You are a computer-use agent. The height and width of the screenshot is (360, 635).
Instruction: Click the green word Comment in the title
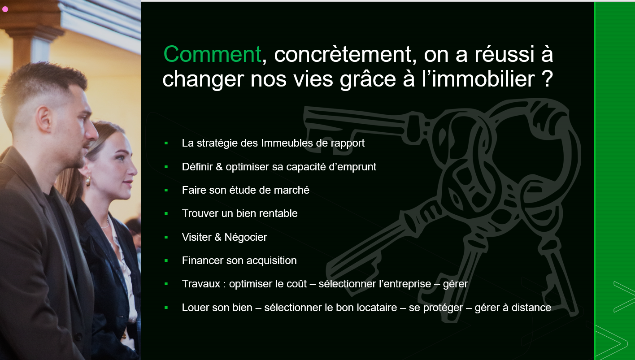point(212,54)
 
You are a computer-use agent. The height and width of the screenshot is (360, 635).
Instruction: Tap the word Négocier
point(245,237)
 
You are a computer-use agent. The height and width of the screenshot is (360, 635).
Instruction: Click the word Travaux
point(201,284)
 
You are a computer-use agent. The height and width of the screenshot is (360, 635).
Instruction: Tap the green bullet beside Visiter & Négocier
point(166,237)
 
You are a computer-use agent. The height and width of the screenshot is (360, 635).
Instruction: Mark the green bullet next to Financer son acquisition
point(166,260)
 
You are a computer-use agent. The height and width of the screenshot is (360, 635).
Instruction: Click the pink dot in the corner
point(5,9)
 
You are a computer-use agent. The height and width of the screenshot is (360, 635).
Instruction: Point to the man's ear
point(44,119)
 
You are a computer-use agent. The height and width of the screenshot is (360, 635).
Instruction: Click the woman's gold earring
point(88,181)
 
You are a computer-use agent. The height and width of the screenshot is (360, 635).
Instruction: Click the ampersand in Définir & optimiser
point(219,167)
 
